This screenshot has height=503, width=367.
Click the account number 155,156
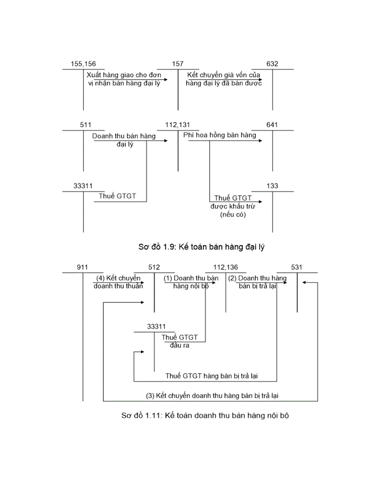click(83, 64)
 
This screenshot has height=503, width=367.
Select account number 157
click(178, 64)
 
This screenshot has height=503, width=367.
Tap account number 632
click(272, 64)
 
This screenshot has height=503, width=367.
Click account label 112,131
click(177, 125)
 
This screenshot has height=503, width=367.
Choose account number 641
click(272, 125)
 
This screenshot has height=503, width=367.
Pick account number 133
click(272, 186)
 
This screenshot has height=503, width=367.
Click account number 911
click(82, 267)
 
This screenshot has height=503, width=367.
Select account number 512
click(154, 267)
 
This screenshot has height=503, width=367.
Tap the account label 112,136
click(226, 267)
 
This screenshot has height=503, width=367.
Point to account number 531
click(297, 267)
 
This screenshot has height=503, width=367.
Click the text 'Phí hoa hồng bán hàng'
click(220, 136)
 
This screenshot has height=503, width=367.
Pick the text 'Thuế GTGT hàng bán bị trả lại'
click(211, 376)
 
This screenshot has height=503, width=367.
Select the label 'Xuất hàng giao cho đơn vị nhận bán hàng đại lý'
click(123, 79)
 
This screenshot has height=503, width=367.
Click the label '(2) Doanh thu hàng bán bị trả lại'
click(257, 282)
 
